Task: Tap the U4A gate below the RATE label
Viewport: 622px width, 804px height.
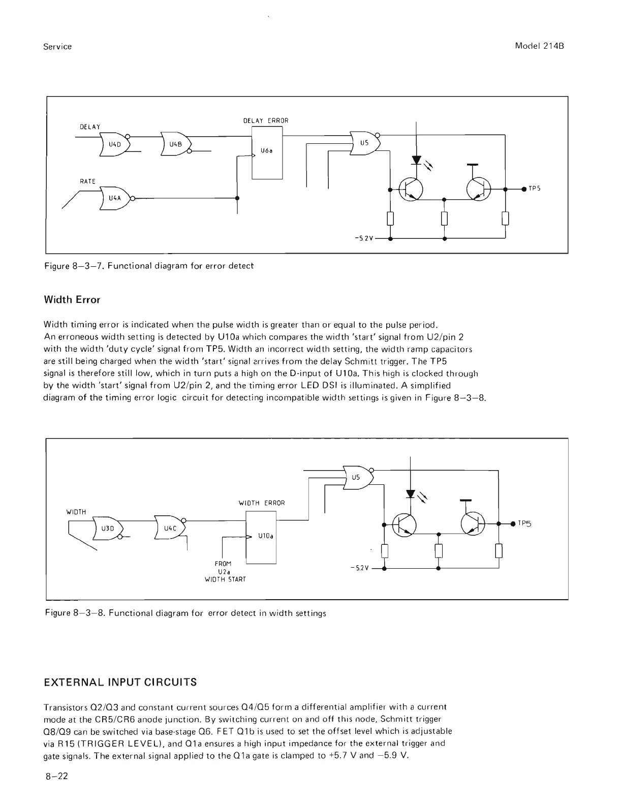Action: (x=115, y=198)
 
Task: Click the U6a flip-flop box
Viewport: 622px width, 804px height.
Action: (x=267, y=152)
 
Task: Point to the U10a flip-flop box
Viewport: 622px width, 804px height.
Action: (x=261, y=537)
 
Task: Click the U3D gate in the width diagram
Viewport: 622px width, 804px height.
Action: (x=107, y=528)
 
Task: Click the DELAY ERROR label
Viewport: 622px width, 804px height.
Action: (x=266, y=121)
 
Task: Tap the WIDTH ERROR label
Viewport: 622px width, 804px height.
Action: (x=262, y=503)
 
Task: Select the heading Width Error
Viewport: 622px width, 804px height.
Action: (x=72, y=300)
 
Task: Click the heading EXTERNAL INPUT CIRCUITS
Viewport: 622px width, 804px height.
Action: (x=120, y=682)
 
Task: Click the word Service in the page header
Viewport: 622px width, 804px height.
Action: (x=57, y=47)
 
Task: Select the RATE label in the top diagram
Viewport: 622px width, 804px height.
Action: (x=87, y=181)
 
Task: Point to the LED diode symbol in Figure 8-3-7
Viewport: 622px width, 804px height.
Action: (x=417, y=161)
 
